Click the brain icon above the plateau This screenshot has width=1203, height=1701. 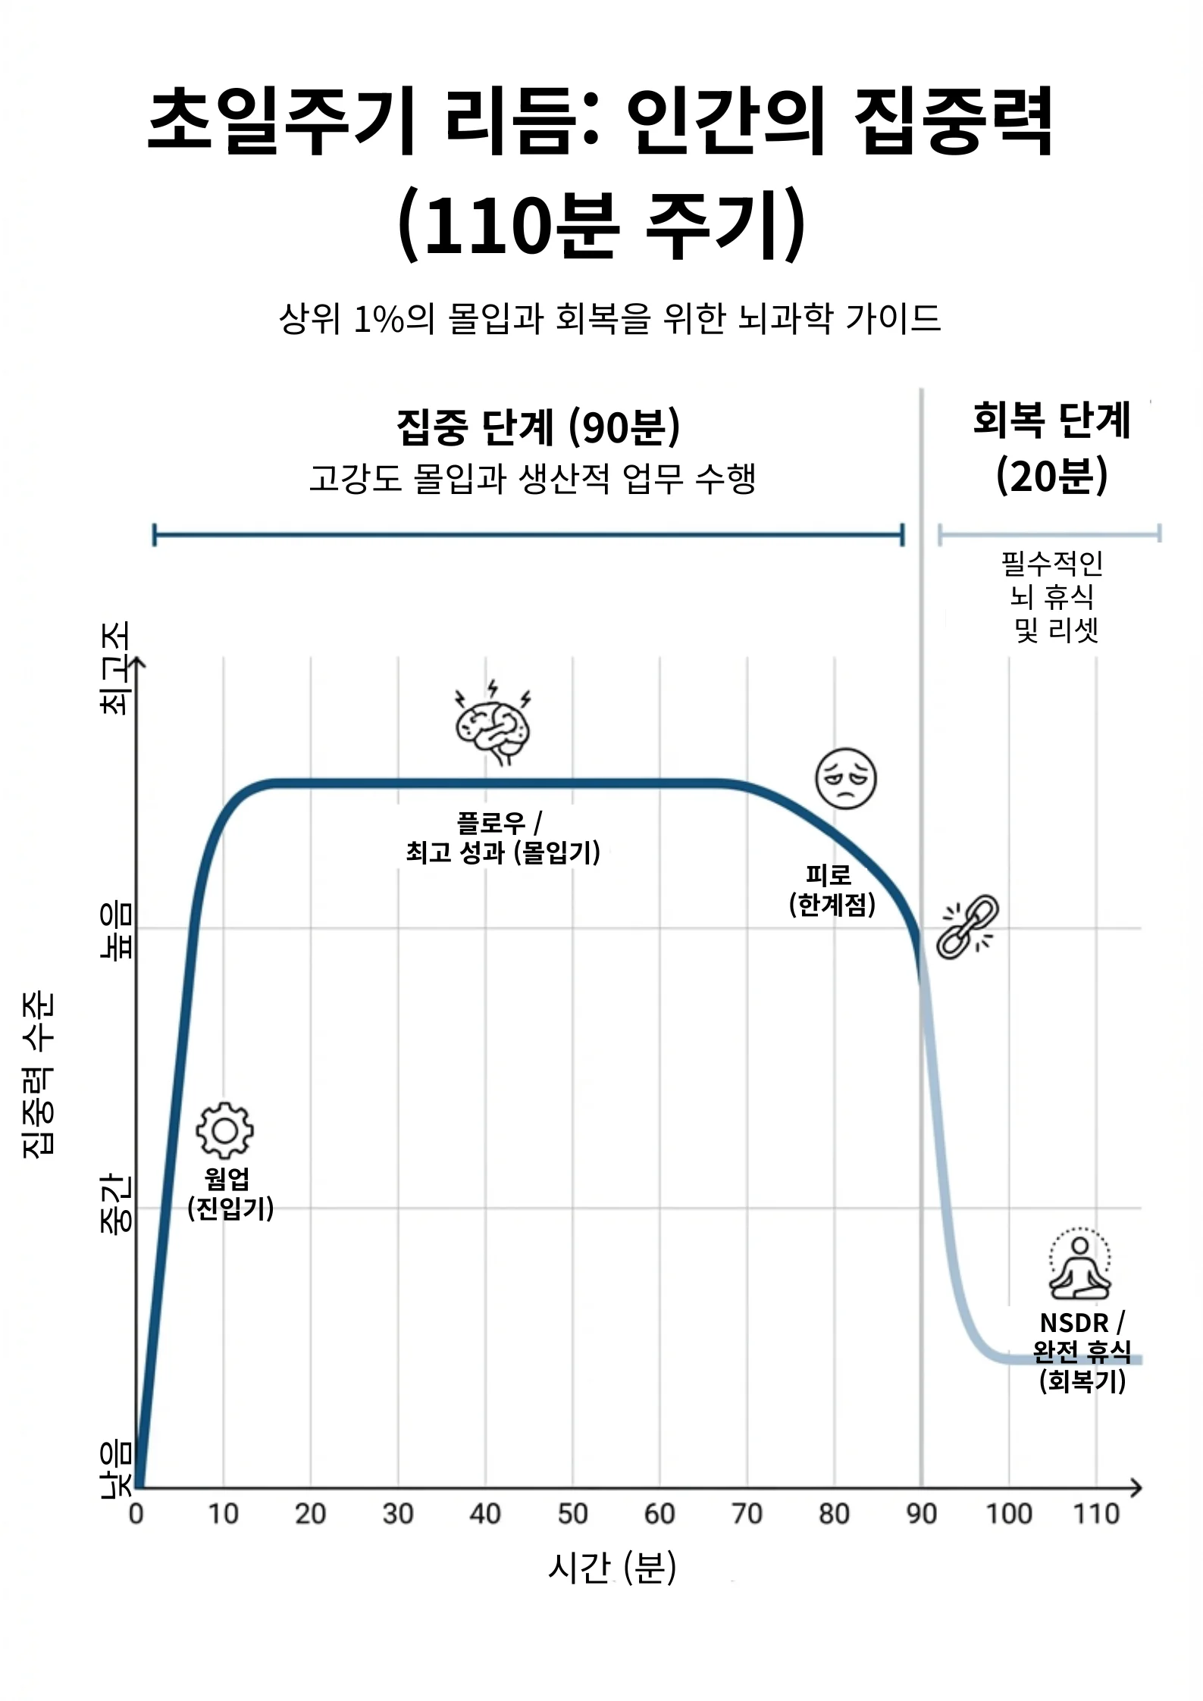(493, 723)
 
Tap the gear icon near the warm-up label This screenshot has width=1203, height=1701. (224, 1130)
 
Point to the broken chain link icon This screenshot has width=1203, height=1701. (967, 927)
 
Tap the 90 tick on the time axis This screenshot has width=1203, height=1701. (921, 1514)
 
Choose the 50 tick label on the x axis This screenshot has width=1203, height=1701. (572, 1514)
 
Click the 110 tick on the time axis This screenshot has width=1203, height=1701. (1096, 1514)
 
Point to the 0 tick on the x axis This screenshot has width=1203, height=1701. (136, 1514)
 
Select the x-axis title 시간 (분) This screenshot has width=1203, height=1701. (611, 1567)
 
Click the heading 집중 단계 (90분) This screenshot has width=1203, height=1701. (538, 427)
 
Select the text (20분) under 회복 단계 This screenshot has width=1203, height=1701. (1051, 476)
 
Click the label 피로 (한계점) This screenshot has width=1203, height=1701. (832, 890)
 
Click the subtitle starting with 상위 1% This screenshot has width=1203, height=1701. (610, 318)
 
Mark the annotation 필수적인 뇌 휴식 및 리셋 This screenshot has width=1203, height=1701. (1052, 596)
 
